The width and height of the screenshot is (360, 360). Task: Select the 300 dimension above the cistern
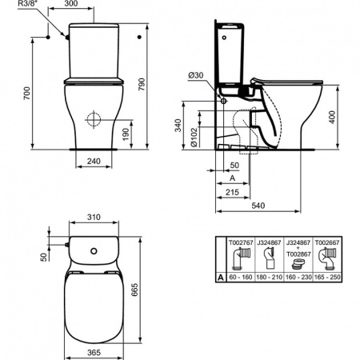tap(94, 5)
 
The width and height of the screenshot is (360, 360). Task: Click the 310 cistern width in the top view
tap(94, 217)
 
